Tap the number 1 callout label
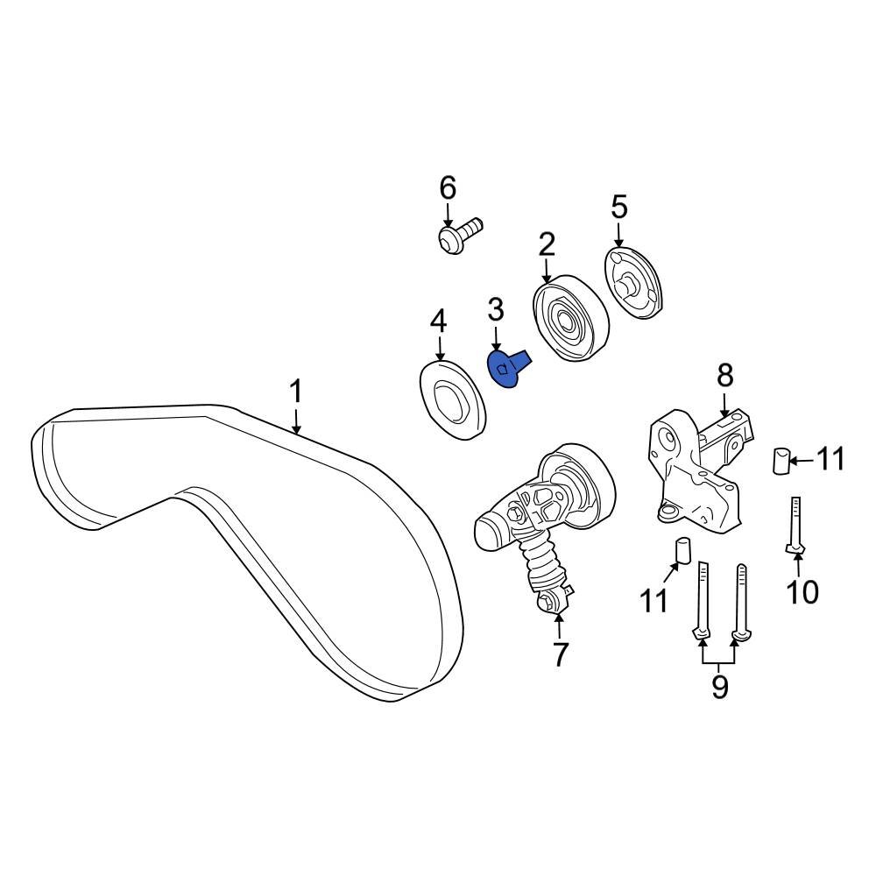pyautogui.click(x=296, y=391)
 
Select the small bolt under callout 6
pyautogui.click(x=459, y=237)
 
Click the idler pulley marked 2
pyautogui.click(x=569, y=319)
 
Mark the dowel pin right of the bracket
pyautogui.click(x=781, y=459)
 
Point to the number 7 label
pyautogui.click(x=560, y=653)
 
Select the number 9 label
pyautogui.click(x=719, y=686)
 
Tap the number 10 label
pyautogui.click(x=802, y=592)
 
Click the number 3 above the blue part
pyautogui.click(x=496, y=309)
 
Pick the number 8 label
pyautogui.click(x=725, y=376)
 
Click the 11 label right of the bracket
pyautogui.click(x=830, y=458)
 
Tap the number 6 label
pyautogui.click(x=448, y=187)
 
